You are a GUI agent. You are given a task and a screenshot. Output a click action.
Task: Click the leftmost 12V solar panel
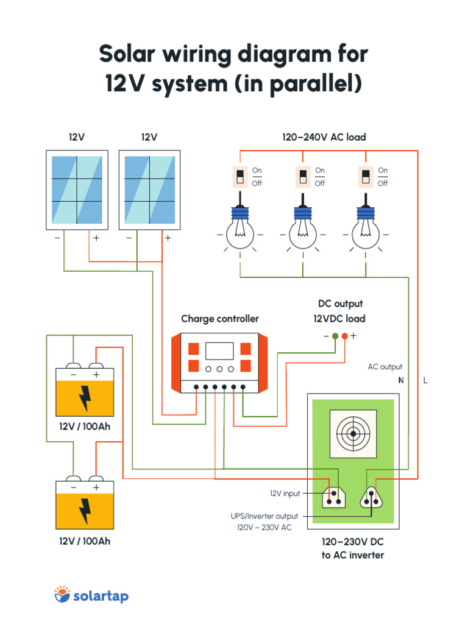(77, 190)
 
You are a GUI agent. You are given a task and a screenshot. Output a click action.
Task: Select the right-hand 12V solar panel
(149, 190)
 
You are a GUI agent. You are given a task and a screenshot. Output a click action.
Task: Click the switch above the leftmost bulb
(241, 177)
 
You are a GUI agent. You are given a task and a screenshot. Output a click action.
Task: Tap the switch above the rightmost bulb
(366, 177)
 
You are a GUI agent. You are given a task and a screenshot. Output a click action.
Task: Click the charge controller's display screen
(219, 351)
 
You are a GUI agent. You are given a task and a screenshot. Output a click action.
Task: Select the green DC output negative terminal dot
(335, 336)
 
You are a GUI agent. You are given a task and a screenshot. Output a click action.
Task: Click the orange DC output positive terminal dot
(345, 336)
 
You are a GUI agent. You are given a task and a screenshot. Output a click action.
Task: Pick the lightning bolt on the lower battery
(85, 511)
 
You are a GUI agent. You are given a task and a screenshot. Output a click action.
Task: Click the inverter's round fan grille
(353, 434)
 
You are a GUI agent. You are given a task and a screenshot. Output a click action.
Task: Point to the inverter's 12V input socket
(333, 497)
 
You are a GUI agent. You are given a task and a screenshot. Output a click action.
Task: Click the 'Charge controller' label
(219, 319)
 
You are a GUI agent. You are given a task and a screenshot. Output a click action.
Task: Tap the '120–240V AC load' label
(324, 138)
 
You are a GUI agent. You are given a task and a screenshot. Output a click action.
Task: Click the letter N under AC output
(401, 381)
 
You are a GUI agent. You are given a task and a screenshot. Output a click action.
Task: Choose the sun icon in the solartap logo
(62, 594)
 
